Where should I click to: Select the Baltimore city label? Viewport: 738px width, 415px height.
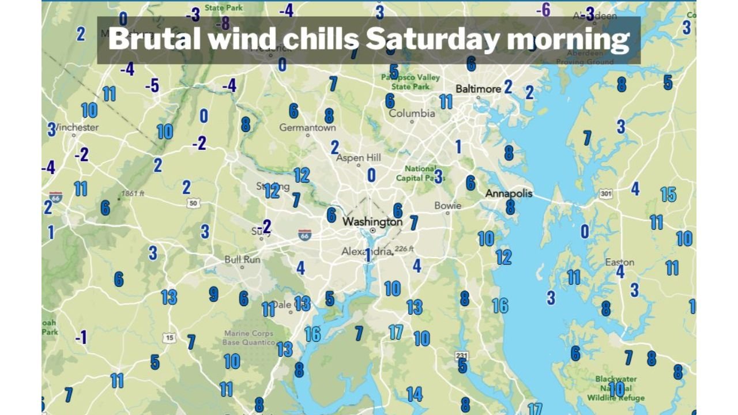(x=478, y=89)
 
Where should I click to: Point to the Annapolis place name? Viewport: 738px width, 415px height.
(x=509, y=194)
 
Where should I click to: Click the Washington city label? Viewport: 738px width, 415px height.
(x=372, y=222)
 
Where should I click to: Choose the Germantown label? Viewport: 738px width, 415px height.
(x=307, y=127)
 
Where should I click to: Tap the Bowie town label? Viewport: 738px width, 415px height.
(x=447, y=206)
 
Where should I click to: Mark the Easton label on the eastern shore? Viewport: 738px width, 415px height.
(x=619, y=262)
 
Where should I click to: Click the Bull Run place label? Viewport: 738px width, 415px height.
(x=242, y=260)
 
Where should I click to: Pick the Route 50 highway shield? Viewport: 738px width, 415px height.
(x=194, y=203)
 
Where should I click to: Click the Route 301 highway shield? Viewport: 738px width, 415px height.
(x=605, y=194)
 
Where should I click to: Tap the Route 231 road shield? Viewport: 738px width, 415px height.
(x=461, y=356)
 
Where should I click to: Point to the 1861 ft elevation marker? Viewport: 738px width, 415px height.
(x=133, y=194)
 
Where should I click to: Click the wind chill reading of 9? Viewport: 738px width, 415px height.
(x=213, y=295)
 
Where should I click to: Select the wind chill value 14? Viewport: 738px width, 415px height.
(x=414, y=394)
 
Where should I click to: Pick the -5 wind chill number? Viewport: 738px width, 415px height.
(x=152, y=86)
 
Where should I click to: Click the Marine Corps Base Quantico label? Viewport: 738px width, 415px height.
(x=248, y=338)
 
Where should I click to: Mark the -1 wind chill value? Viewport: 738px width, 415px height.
(x=81, y=337)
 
